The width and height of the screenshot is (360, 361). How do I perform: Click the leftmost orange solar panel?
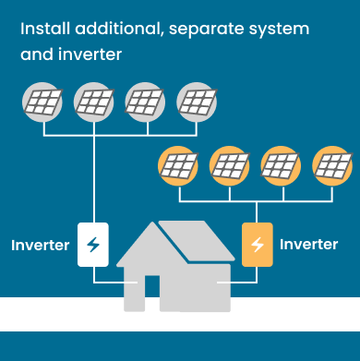pyautogui.click(x=179, y=166)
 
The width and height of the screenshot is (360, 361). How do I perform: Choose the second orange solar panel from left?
pyautogui.click(x=230, y=166)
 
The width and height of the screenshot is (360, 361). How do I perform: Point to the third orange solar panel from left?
pyautogui.click(x=281, y=166)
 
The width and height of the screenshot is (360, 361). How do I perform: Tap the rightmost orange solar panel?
pyautogui.click(x=331, y=166)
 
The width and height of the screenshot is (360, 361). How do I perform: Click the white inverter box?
pyautogui.click(x=93, y=245)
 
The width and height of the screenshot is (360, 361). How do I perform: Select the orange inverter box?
pyautogui.click(x=257, y=245)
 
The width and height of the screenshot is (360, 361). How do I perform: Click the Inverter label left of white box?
pyautogui.click(x=40, y=246)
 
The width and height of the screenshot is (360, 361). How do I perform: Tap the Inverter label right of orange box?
pyautogui.click(x=308, y=245)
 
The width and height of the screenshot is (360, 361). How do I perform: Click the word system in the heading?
pyautogui.click(x=281, y=30)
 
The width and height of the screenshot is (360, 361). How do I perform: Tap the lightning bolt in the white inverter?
pyautogui.click(x=93, y=245)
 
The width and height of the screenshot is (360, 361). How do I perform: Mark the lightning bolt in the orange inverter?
pyautogui.click(x=257, y=245)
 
